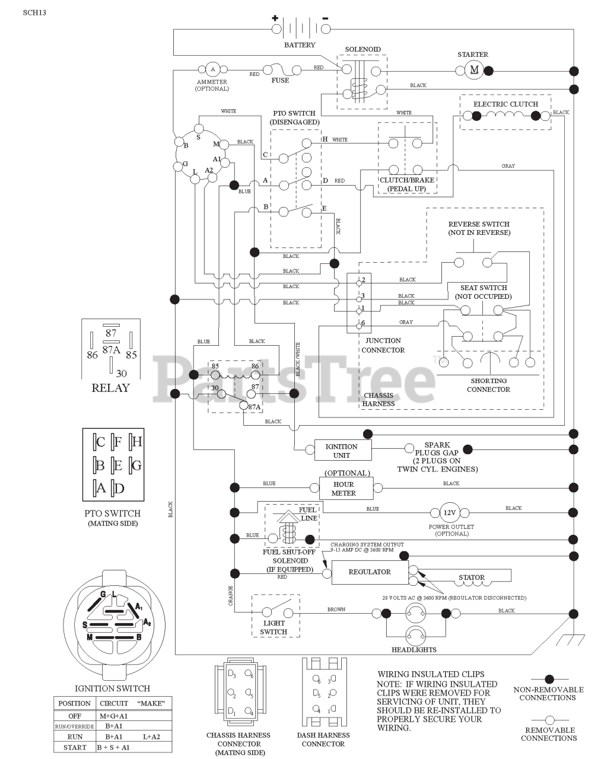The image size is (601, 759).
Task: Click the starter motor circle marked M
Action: pyautogui.click(x=474, y=71)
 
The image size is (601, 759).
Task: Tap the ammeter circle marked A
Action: pyautogui.click(x=211, y=69)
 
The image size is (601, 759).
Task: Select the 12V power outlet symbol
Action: pyautogui.click(x=449, y=512)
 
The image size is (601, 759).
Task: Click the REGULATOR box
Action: pyautogui.click(x=369, y=572)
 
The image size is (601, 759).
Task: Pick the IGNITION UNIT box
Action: pyautogui.click(x=341, y=451)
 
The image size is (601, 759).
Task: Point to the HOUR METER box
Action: pyautogui.click(x=344, y=489)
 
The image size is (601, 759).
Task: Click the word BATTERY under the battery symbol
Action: pyautogui.click(x=300, y=45)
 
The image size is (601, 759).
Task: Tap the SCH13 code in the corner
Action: pyautogui.click(x=34, y=12)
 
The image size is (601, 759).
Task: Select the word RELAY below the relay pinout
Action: pyautogui.click(x=110, y=388)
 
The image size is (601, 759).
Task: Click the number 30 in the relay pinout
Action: pyautogui.click(x=121, y=374)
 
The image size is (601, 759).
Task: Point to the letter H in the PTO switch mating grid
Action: pyautogui.click(x=136, y=441)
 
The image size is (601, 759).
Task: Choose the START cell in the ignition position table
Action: pyautogui.click(x=75, y=747)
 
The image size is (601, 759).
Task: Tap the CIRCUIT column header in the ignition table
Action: pyautogui.click(x=114, y=703)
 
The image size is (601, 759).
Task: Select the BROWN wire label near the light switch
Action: pyautogui.click(x=336, y=610)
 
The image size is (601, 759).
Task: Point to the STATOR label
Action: pyautogui.click(x=471, y=577)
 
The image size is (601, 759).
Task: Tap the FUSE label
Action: pyautogui.click(x=280, y=81)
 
